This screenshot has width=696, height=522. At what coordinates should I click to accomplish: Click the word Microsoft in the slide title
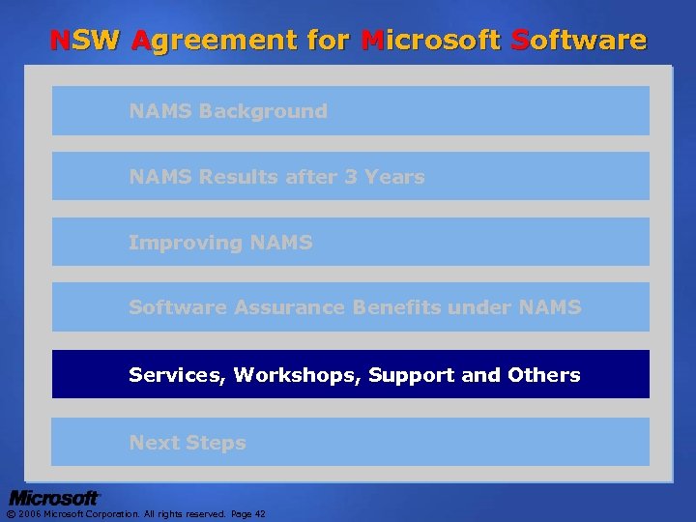point(428,41)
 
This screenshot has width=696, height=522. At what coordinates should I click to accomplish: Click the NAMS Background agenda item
point(228,111)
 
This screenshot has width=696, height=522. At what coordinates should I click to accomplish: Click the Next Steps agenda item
point(188,443)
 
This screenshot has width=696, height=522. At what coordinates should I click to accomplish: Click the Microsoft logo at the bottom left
point(54,498)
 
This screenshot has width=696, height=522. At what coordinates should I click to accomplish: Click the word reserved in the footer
point(205,514)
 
